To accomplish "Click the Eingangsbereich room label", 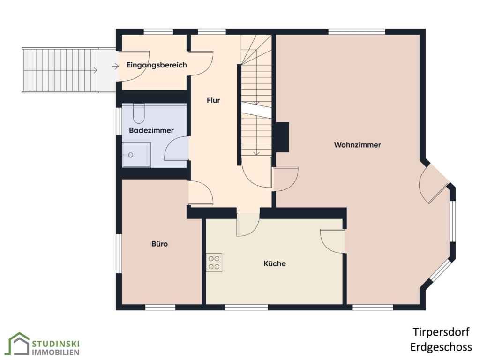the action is pyautogui.click(x=157, y=65).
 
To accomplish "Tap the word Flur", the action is pyautogui.click(x=213, y=100).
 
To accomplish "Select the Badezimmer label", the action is pyautogui.click(x=151, y=130).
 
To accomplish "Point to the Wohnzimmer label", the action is pyautogui.click(x=357, y=144).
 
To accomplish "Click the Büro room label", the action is pyautogui.click(x=159, y=244).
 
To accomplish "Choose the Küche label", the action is pyautogui.click(x=275, y=263).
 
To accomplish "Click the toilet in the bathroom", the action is pyautogui.click(x=139, y=113).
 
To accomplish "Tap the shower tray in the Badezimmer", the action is pyautogui.click(x=136, y=155).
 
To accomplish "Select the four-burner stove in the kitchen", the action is pyautogui.click(x=214, y=262).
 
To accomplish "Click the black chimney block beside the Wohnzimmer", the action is pyautogui.click(x=282, y=137).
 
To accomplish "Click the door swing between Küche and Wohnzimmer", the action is pyautogui.click(x=333, y=241).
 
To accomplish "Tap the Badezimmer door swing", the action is pyautogui.click(x=177, y=149).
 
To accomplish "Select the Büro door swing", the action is pyautogui.click(x=201, y=193).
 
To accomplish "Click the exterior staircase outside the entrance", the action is pyautogui.click(x=60, y=70).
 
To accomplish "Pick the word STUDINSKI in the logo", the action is pyautogui.click(x=56, y=344).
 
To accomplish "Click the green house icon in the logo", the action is pyautogui.click(x=19, y=344).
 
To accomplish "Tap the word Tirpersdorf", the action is pyautogui.click(x=441, y=332).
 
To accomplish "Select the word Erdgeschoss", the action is pyautogui.click(x=441, y=347).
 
